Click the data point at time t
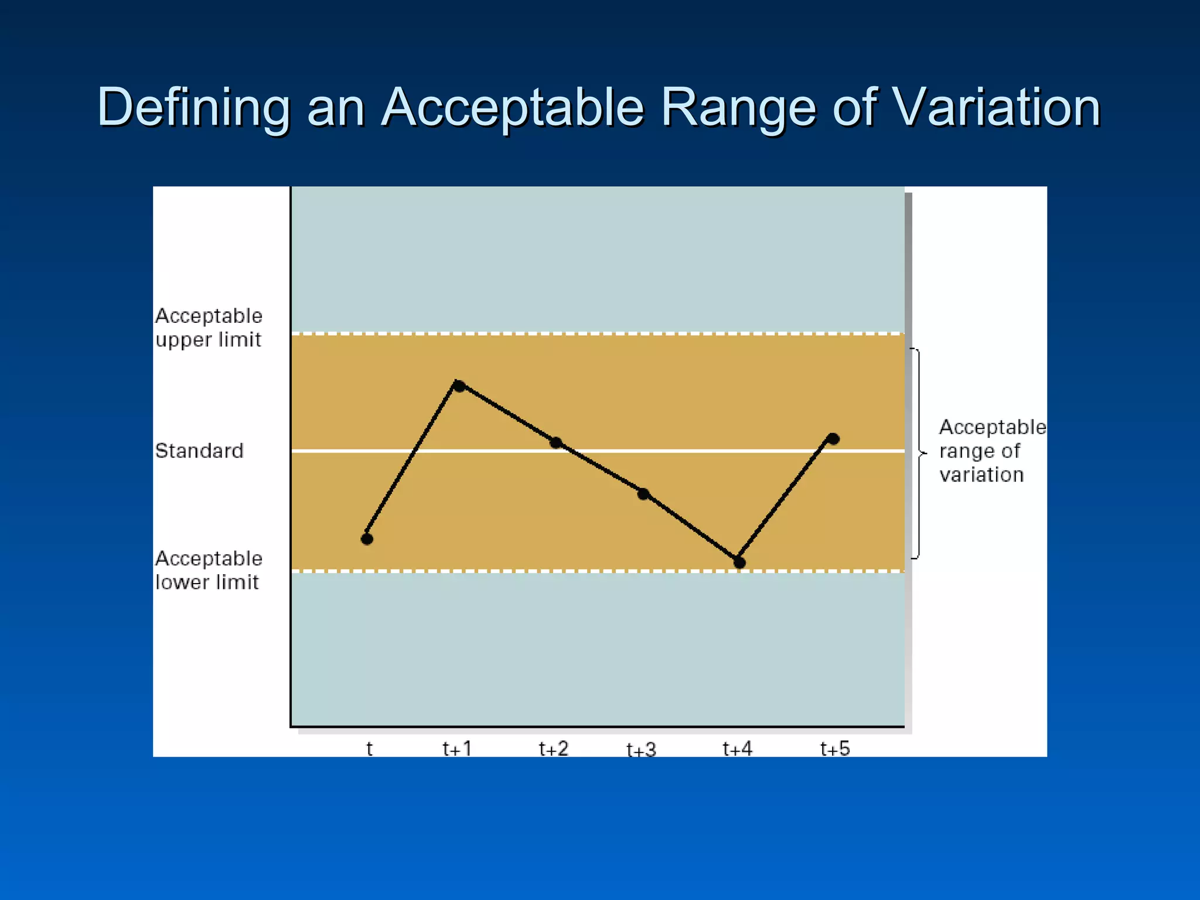[x=367, y=538]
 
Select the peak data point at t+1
[x=459, y=386]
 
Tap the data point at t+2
[x=556, y=442]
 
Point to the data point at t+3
[x=643, y=494]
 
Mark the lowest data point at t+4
[x=739, y=562]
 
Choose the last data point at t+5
[x=833, y=438]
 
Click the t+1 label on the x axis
[x=457, y=748]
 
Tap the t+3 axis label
[x=641, y=749]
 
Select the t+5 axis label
[x=835, y=748]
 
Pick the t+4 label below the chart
[x=737, y=748]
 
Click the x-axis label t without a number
[x=369, y=748]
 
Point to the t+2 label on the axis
[x=554, y=748]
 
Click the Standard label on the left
[x=199, y=451]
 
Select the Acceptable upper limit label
[x=209, y=328]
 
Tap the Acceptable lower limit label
[x=209, y=570]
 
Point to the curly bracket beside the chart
[x=918, y=453]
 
